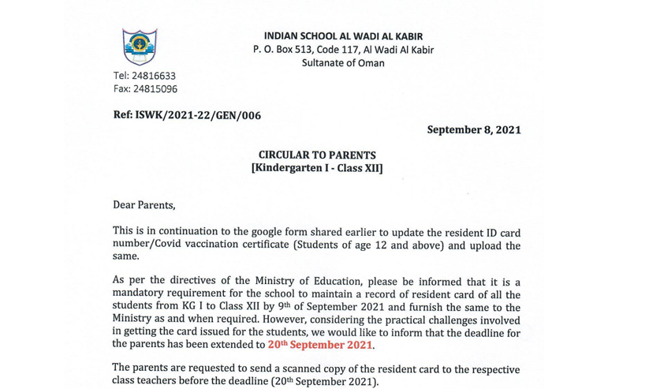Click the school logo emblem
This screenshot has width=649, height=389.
tap(140, 47)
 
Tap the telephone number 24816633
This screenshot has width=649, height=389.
tap(144, 76)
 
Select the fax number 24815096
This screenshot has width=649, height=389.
tap(145, 89)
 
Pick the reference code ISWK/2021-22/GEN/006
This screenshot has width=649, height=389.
tap(187, 115)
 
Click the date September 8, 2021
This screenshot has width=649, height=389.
tap(473, 129)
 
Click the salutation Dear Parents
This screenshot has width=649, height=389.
tap(144, 205)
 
